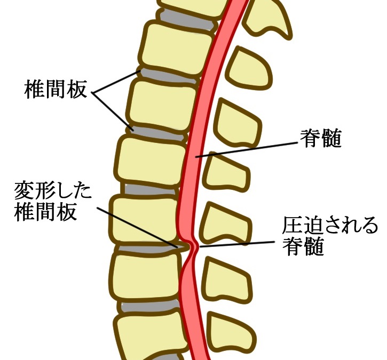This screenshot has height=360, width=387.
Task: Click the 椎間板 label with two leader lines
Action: [56, 89]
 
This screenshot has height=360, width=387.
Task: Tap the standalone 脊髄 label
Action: [321, 138]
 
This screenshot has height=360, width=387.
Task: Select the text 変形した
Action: [53, 191]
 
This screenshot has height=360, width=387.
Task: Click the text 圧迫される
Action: [330, 225]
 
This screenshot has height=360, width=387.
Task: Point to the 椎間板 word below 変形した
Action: [45, 212]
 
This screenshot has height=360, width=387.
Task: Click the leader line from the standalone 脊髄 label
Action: [247, 149]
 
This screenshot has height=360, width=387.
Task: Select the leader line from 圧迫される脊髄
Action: [237, 244]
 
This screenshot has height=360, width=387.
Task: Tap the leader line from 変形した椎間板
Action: [137, 227]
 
